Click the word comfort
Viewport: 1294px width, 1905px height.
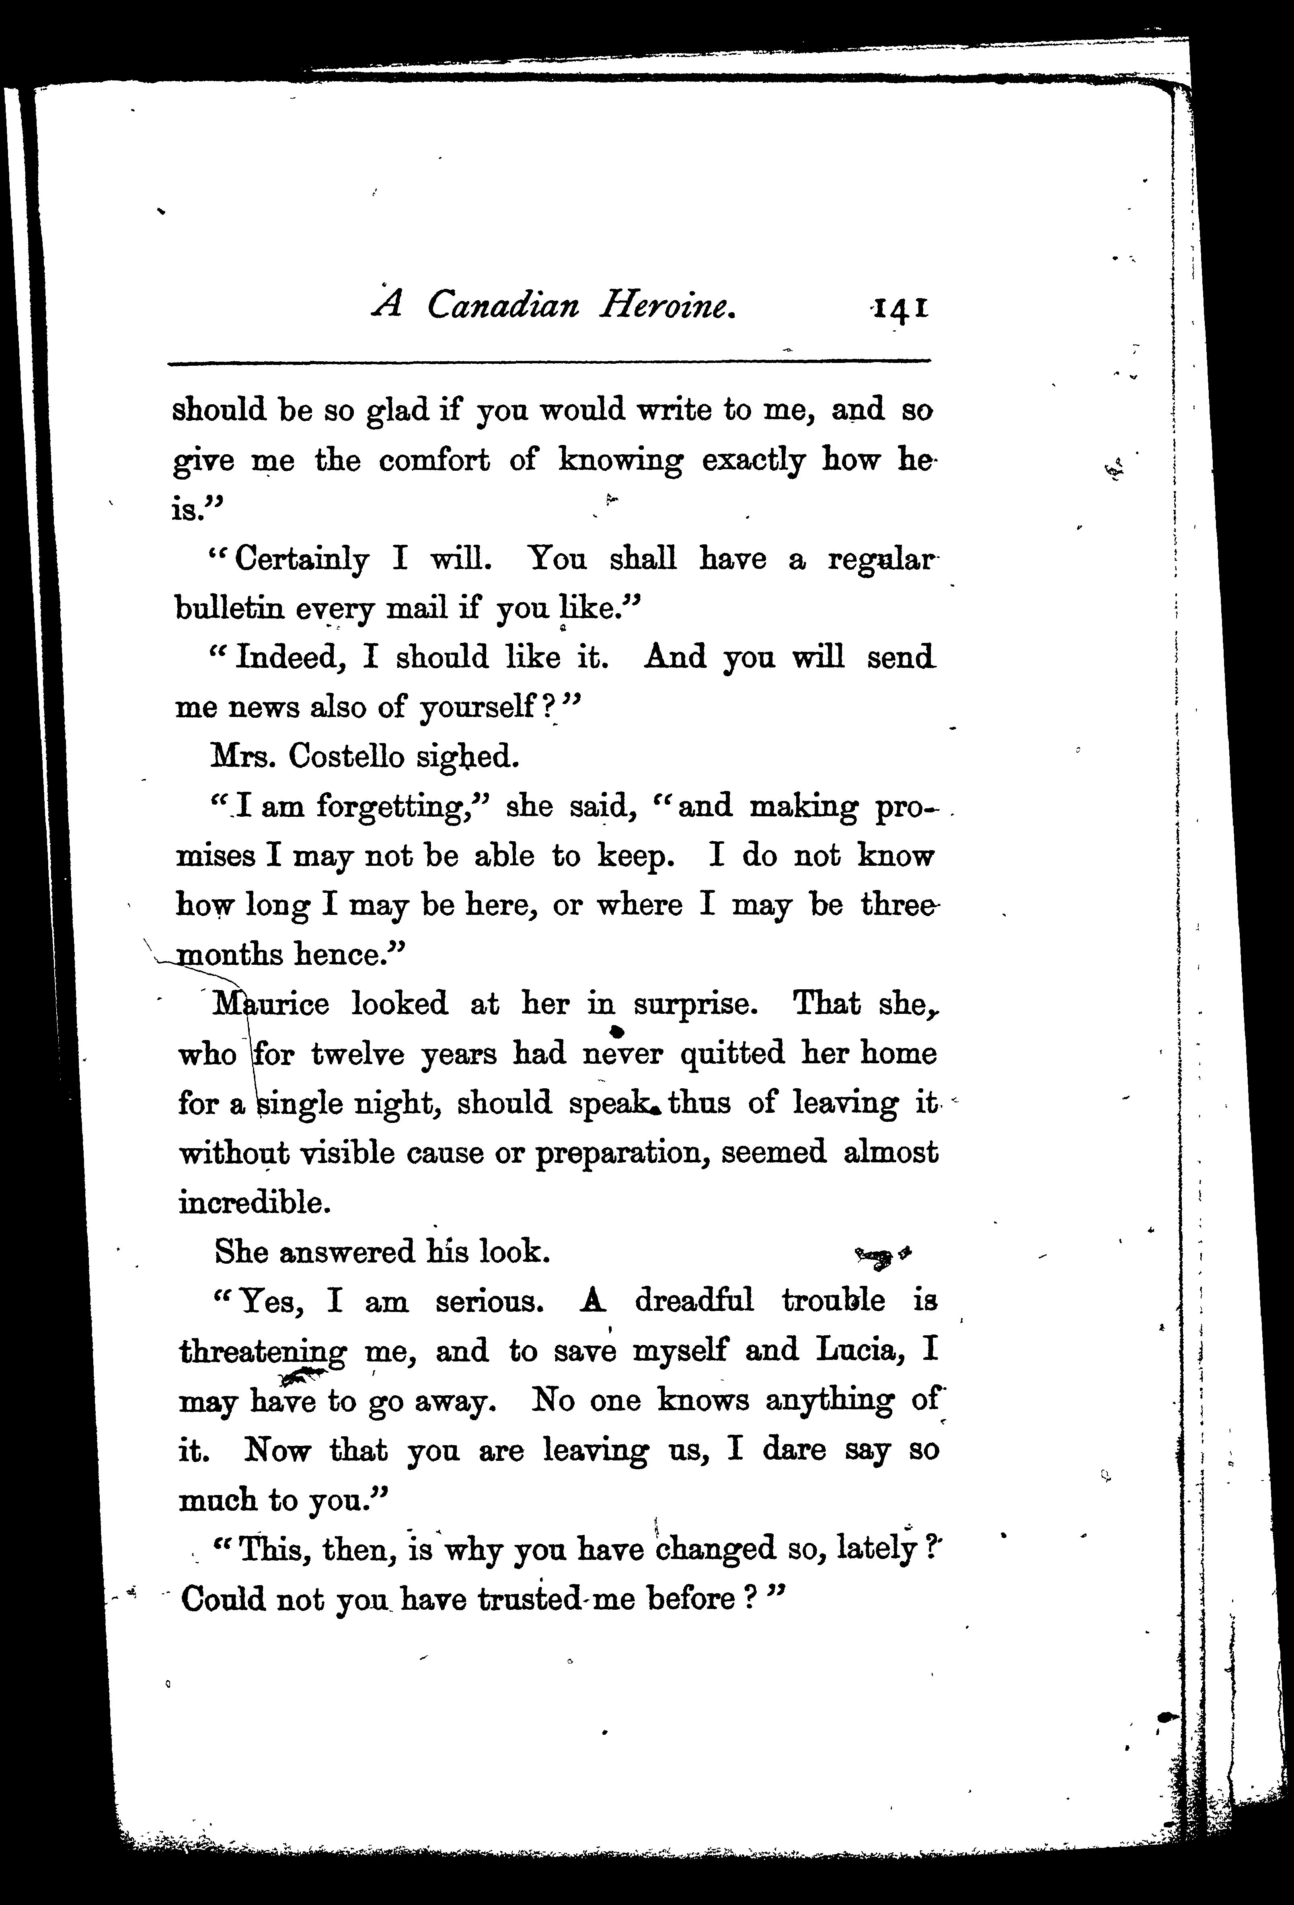434,461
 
